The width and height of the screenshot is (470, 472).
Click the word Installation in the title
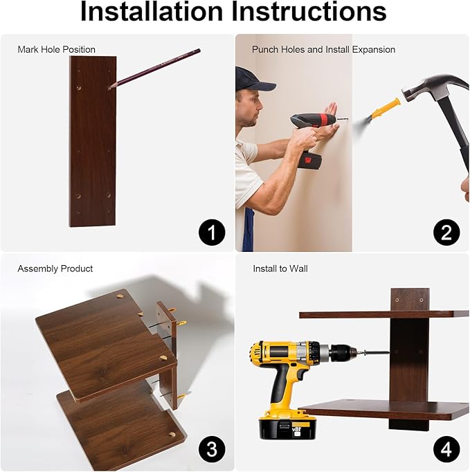point(152,12)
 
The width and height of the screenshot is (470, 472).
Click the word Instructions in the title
point(309,12)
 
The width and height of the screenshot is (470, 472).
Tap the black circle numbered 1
point(212,233)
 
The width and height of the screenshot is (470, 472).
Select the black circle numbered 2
point(446,233)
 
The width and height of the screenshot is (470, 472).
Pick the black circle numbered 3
point(212,449)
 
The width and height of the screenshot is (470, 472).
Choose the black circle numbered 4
point(446,449)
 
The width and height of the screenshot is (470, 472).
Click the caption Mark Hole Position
point(56,49)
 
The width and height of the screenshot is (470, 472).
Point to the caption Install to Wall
point(280,269)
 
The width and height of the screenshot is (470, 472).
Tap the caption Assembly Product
point(55,269)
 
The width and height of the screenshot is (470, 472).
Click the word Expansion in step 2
point(374,49)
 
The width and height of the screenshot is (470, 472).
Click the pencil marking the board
point(154,69)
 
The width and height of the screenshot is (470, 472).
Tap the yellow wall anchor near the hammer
point(387,108)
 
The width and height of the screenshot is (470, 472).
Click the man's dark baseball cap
point(254,80)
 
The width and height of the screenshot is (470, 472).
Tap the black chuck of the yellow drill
point(343,353)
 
